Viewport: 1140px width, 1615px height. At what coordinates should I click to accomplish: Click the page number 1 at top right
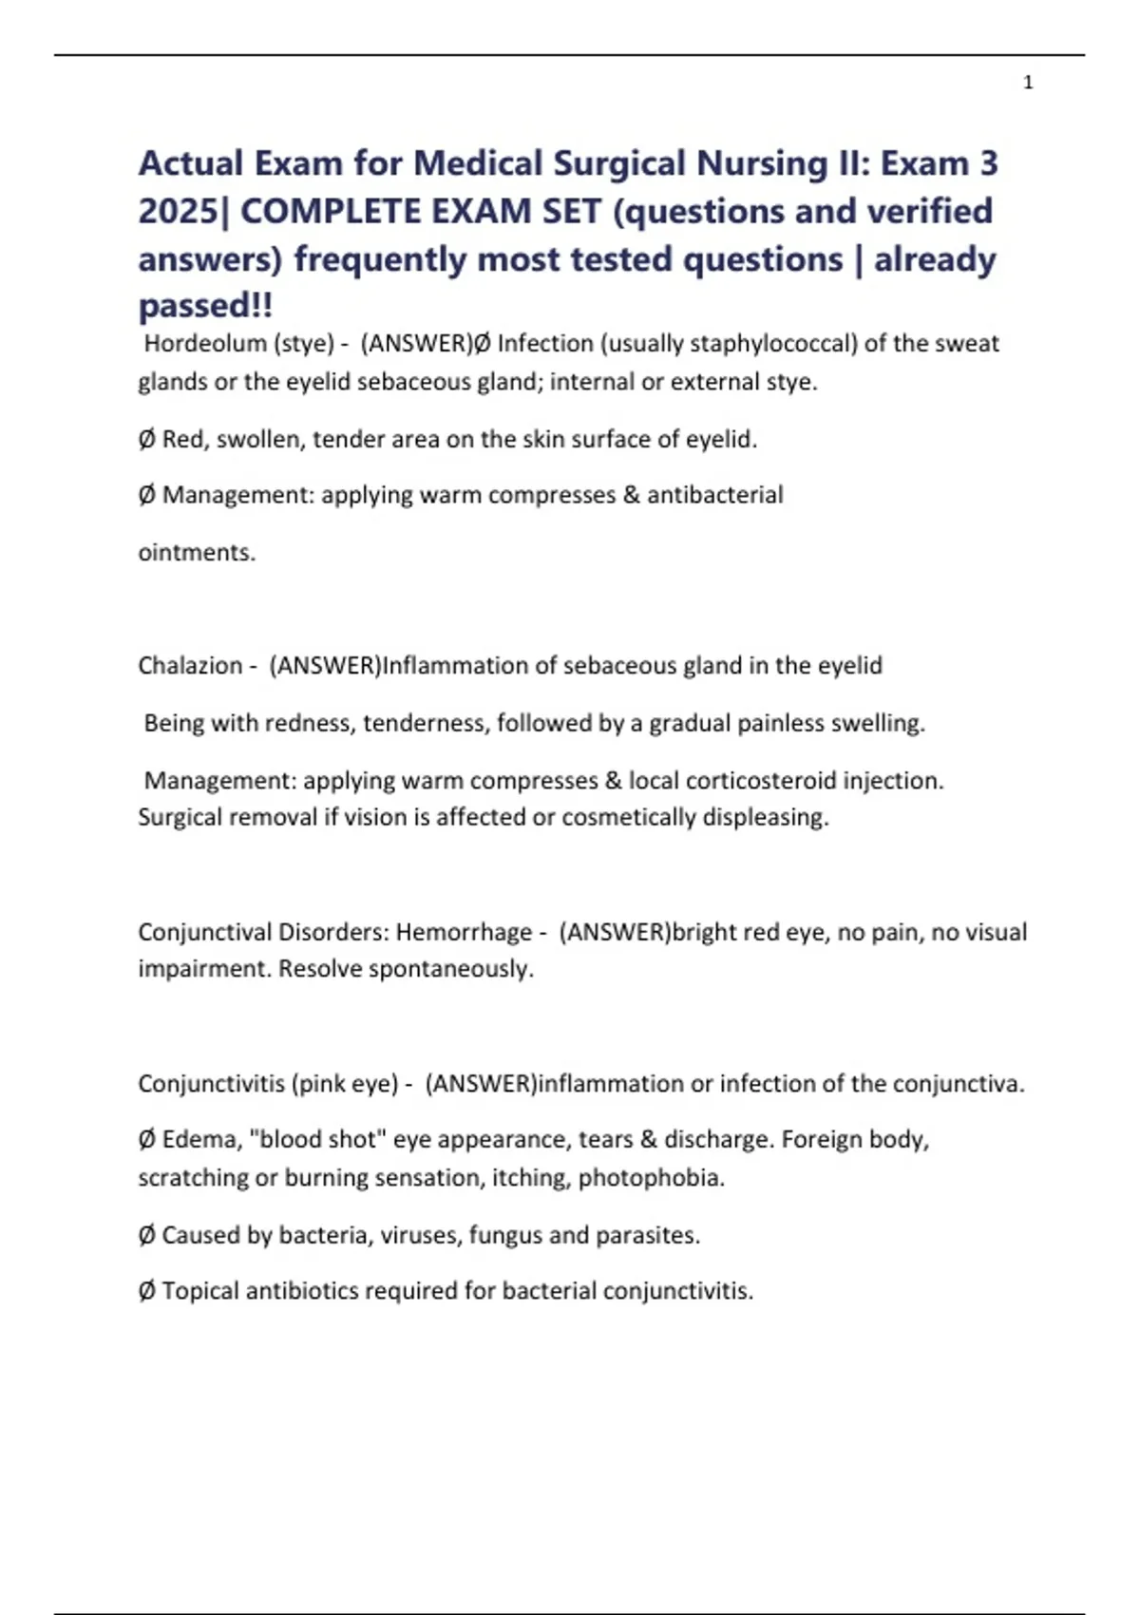tap(1028, 83)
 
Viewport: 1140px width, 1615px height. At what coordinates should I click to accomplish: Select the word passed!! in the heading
tap(205, 306)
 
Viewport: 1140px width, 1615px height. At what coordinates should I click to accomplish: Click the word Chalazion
tap(190, 665)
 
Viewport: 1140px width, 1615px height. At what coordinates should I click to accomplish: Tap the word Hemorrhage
tap(464, 932)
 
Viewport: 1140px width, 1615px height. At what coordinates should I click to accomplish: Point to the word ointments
tap(197, 552)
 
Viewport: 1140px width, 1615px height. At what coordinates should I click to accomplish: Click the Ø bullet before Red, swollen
tap(146, 439)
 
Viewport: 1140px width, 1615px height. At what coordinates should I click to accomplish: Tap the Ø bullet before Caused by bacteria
tap(146, 1235)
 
